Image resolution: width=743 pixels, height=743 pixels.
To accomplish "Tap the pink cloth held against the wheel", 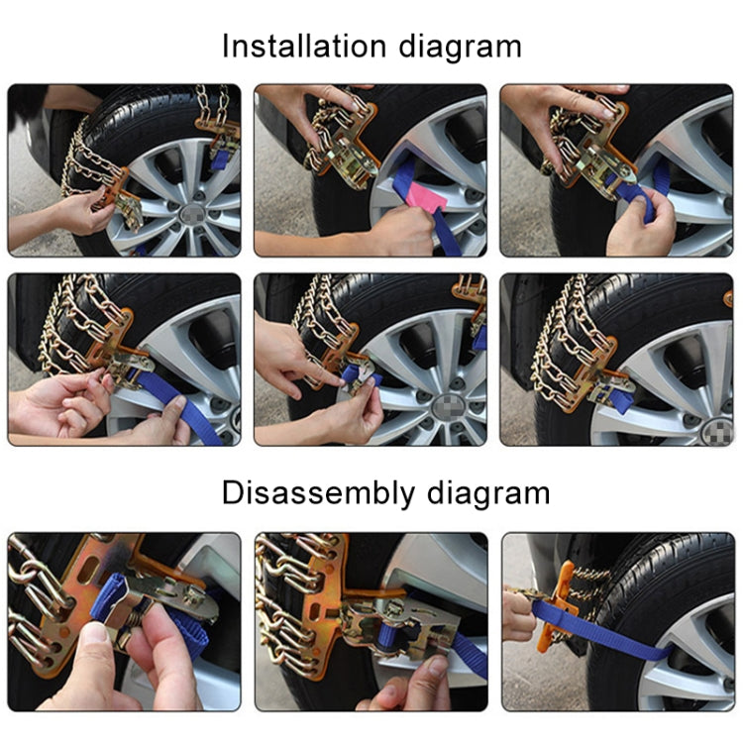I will point(423,198).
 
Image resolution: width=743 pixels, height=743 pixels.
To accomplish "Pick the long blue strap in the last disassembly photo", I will point(634,655).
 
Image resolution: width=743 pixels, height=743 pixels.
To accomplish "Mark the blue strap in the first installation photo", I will point(222,154).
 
